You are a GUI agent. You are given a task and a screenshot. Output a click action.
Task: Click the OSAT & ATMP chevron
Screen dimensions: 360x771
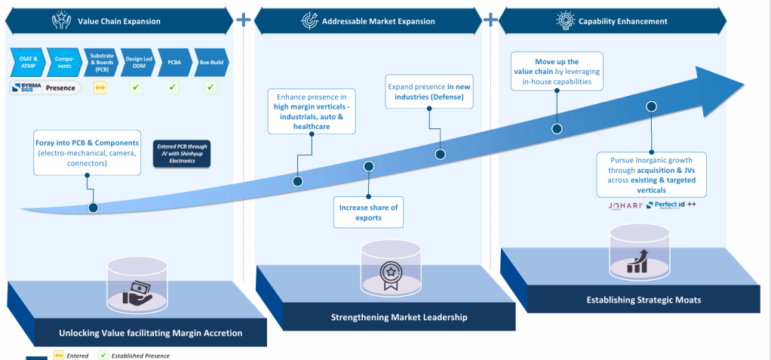[x=26, y=60]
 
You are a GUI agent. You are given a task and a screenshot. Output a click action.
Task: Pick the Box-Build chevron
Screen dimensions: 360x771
[x=211, y=60]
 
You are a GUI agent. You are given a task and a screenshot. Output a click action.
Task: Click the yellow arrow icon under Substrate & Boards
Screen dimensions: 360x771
[x=100, y=88]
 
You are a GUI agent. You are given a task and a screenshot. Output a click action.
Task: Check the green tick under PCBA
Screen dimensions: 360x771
[x=174, y=88]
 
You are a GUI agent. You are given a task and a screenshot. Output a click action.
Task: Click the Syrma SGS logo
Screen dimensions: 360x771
[x=27, y=88]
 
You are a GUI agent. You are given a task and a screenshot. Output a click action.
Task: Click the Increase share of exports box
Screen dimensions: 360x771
[x=369, y=212]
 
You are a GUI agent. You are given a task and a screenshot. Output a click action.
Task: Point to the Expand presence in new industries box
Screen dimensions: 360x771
[x=429, y=92]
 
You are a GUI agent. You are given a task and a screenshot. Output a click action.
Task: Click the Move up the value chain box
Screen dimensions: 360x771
[x=557, y=72]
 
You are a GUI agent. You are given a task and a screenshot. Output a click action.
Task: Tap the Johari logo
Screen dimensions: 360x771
[x=625, y=205]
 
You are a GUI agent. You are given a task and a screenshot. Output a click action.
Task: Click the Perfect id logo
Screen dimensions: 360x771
[x=665, y=205]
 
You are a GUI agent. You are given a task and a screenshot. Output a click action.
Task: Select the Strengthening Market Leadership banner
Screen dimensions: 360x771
[x=399, y=317]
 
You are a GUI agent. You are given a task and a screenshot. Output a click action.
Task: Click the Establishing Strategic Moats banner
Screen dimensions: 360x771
[x=644, y=300]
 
